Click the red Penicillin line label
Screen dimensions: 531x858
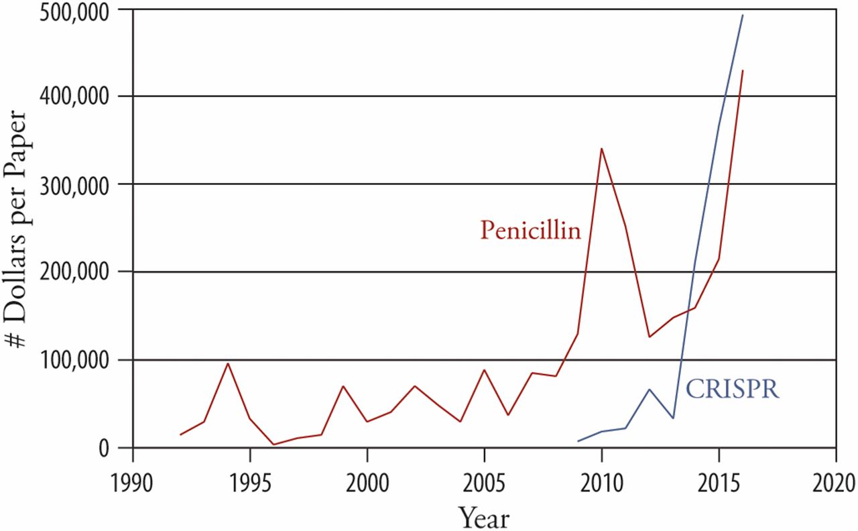click(x=530, y=231)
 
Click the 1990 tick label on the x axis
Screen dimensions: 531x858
click(x=133, y=482)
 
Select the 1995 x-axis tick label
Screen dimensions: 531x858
click(x=250, y=482)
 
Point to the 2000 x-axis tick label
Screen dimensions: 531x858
click(x=367, y=482)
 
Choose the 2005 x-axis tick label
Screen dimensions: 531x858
click(x=484, y=482)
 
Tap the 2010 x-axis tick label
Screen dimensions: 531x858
click(x=601, y=482)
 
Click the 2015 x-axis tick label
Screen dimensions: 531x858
click(x=719, y=482)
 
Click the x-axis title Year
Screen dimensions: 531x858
click(x=484, y=516)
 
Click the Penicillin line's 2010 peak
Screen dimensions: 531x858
click(x=601, y=149)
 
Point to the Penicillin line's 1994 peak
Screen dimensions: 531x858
click(x=227, y=364)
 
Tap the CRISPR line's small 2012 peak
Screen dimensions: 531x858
click(x=648, y=390)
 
